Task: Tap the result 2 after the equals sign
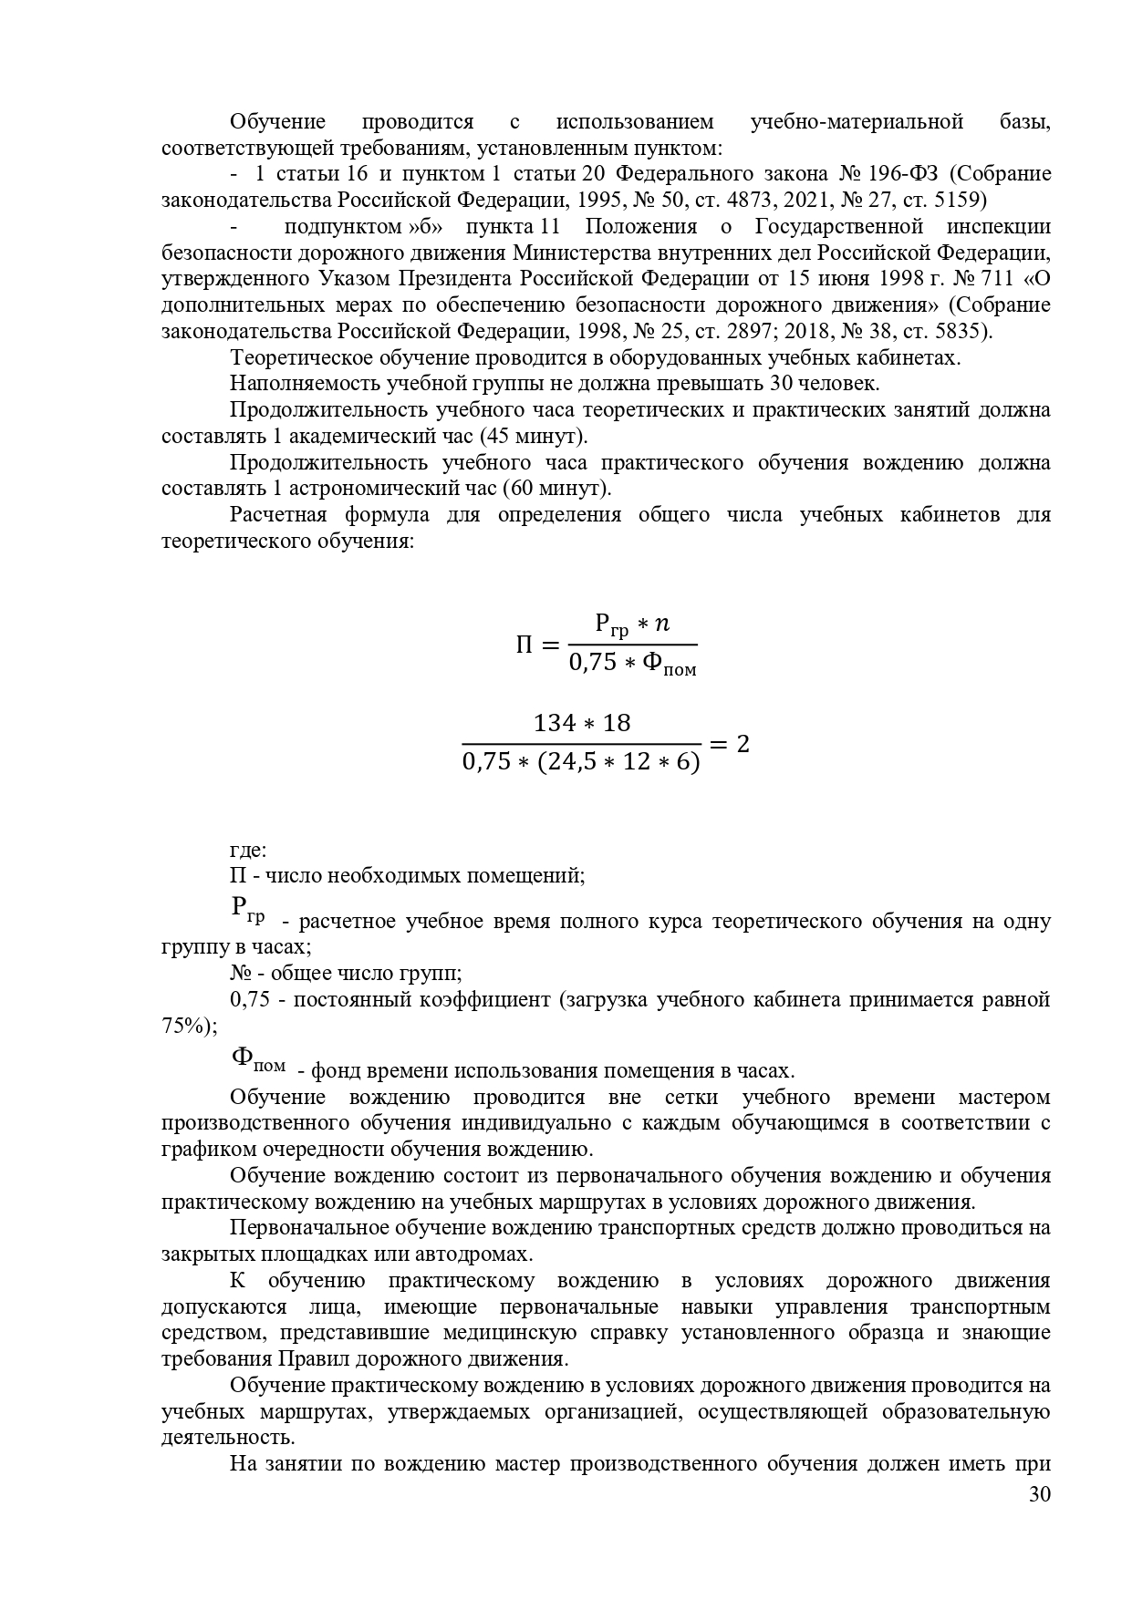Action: tap(743, 744)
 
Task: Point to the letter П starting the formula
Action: tap(524, 646)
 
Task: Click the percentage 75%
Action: tap(184, 1026)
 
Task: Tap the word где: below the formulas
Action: tap(248, 850)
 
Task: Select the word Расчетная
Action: tap(277, 515)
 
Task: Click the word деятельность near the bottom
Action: tap(227, 1438)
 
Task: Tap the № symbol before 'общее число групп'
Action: tap(242, 973)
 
